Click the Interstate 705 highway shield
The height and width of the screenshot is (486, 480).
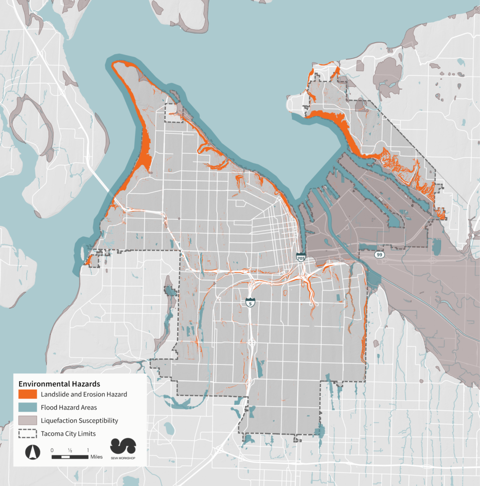coord(301,257)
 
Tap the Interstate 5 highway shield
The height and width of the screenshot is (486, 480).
coord(250,302)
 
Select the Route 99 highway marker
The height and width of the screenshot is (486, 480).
coord(379,255)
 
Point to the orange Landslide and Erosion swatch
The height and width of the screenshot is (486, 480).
coord(28,394)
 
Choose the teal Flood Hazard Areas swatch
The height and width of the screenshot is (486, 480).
coord(28,407)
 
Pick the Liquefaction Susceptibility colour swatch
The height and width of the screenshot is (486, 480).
coord(28,421)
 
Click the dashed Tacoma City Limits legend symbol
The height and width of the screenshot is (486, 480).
coord(28,434)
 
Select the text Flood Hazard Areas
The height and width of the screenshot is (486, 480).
coord(69,407)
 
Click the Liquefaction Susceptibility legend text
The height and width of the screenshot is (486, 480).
coord(79,421)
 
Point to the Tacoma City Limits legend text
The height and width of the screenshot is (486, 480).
coord(69,434)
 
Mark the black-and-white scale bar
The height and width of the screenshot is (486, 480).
coord(69,457)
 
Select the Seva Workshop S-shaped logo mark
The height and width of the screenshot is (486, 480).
coord(123,446)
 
